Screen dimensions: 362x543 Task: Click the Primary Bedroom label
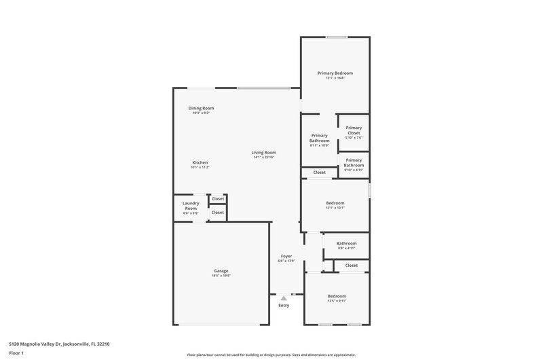point(335,73)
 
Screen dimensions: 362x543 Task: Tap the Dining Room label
point(201,108)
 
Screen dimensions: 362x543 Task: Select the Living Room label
point(263,152)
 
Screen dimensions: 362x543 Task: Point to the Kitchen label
point(200,162)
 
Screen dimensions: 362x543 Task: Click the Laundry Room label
point(190,205)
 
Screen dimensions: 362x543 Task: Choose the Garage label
point(221,270)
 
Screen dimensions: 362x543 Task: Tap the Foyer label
point(286,256)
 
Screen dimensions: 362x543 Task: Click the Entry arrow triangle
point(284,297)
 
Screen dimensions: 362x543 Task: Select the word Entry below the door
point(284,305)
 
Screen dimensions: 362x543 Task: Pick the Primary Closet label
point(354,130)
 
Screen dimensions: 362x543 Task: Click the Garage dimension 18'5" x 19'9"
point(221,276)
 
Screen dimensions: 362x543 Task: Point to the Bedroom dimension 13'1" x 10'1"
point(335,208)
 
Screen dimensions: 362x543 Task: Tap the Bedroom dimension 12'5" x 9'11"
point(337,302)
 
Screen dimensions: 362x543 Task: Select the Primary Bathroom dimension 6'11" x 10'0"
point(320,145)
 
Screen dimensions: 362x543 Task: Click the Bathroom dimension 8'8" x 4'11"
point(346,248)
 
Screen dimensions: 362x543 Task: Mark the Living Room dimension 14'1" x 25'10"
point(263,158)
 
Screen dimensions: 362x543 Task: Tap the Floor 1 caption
point(16,353)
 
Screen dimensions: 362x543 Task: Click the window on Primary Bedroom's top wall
point(336,37)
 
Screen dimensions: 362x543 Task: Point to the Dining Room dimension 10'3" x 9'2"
point(201,113)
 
